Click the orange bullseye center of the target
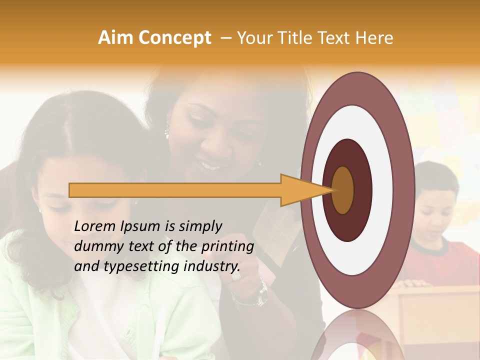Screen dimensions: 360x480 point(343,190)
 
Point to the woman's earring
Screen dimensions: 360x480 point(167,132)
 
